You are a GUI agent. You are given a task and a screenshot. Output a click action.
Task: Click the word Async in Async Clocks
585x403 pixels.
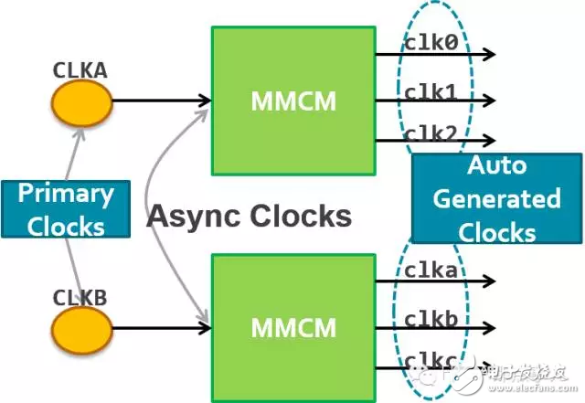point(191,216)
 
